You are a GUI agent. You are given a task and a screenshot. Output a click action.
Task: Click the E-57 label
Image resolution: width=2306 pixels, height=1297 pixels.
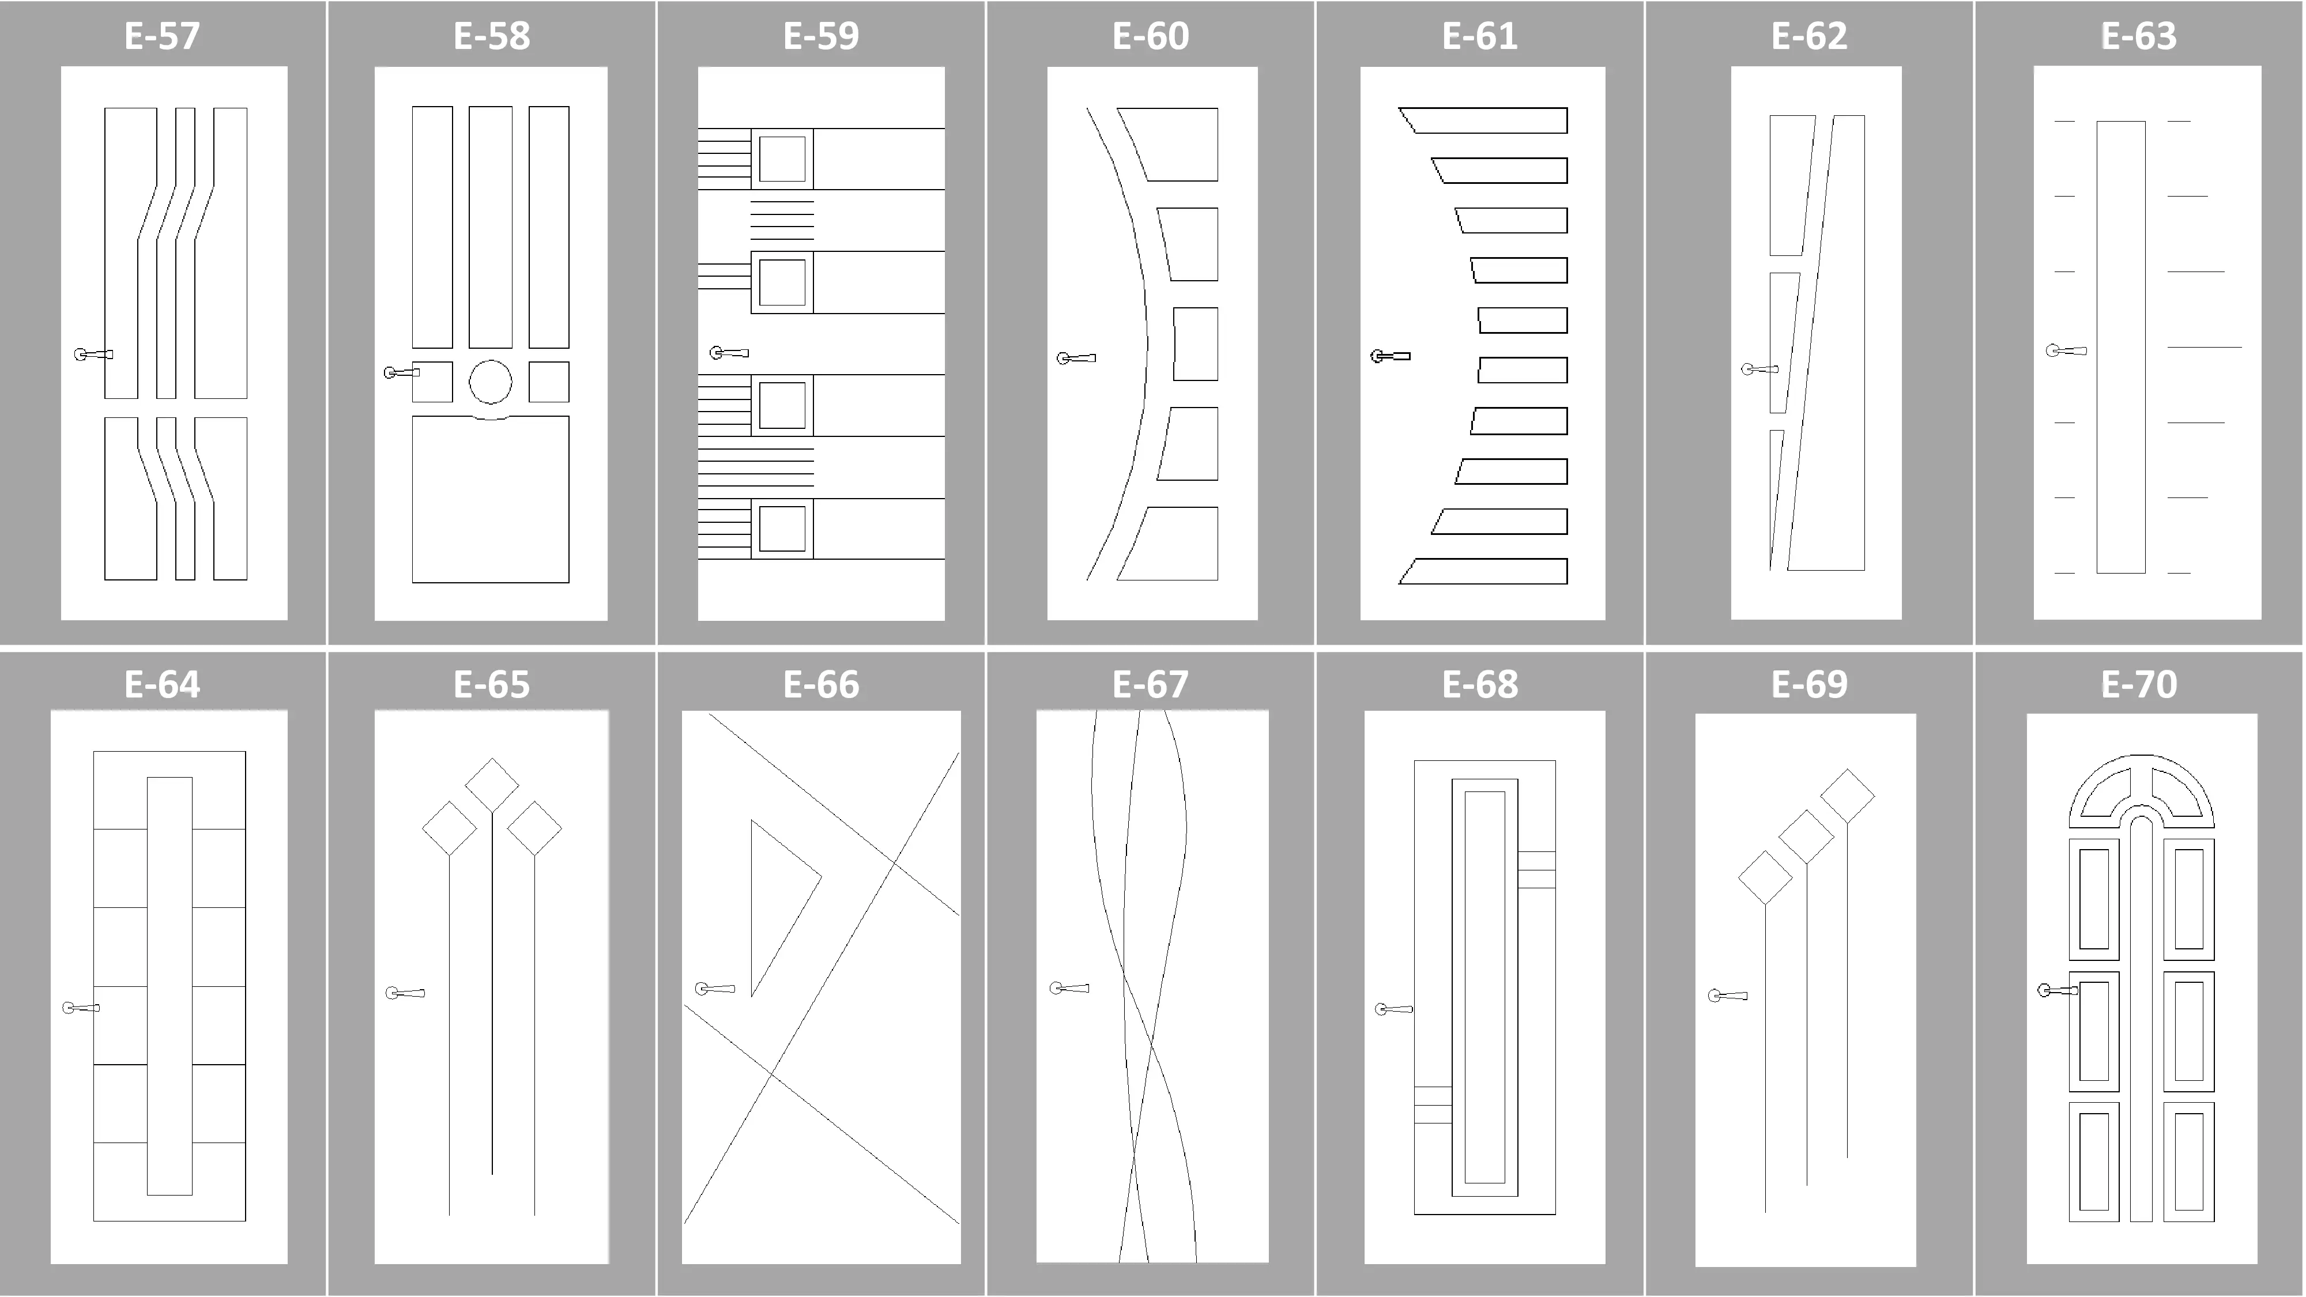tap(162, 36)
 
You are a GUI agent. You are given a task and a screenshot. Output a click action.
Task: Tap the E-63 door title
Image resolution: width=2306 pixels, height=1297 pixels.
tap(2139, 36)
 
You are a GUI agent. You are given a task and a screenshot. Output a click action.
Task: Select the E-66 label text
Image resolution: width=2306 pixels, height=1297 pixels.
tap(821, 684)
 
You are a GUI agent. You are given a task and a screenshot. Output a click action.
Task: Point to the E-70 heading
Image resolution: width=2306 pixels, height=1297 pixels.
tap(2139, 684)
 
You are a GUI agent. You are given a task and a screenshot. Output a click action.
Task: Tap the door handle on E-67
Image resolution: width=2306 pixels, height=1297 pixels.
tap(1069, 988)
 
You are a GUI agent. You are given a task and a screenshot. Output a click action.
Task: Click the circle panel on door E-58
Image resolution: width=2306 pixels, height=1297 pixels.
tap(491, 382)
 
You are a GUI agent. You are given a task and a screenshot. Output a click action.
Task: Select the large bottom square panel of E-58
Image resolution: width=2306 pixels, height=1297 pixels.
tap(491, 499)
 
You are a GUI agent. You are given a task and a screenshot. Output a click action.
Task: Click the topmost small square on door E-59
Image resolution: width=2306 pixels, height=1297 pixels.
tap(782, 159)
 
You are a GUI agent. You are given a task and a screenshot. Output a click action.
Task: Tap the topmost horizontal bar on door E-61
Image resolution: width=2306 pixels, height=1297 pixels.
tap(1483, 120)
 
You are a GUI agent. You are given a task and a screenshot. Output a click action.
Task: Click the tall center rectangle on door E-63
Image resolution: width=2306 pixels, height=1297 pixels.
tap(2121, 347)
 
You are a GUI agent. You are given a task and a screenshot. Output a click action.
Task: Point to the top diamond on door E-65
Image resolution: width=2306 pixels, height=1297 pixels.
tap(491, 786)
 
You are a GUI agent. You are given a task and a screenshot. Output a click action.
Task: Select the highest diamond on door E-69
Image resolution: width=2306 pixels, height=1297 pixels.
tap(1848, 795)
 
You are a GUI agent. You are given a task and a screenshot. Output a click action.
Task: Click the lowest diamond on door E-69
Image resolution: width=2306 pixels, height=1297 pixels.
tap(1765, 877)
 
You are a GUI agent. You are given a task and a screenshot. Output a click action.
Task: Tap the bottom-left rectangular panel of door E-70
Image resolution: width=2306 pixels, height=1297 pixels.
tap(2094, 1162)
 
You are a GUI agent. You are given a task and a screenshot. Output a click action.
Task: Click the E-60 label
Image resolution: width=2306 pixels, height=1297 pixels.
tap(1150, 36)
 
